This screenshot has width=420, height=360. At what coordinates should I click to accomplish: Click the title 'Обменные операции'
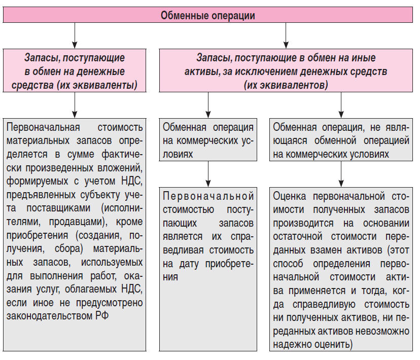click(x=207, y=15)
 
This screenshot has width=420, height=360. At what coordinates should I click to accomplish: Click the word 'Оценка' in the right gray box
click(x=291, y=195)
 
